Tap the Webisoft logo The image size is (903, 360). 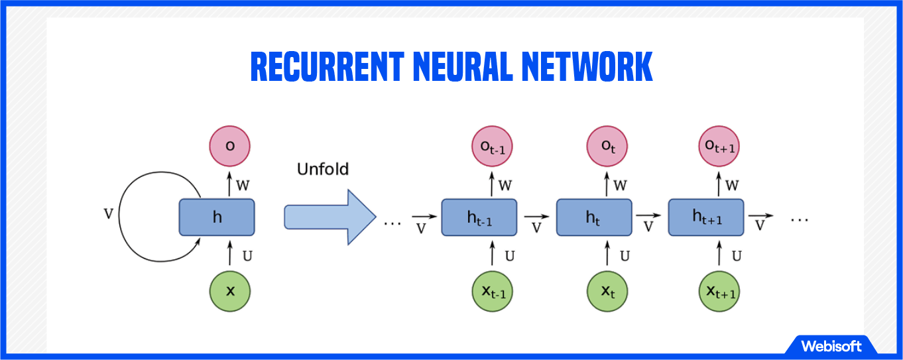click(831, 346)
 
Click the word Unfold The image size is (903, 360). click(322, 169)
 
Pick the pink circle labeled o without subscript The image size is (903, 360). click(230, 145)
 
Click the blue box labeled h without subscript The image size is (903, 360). click(217, 217)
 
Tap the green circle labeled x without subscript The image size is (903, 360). click(230, 290)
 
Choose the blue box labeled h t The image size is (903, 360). click(593, 217)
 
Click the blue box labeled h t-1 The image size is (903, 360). click(479, 217)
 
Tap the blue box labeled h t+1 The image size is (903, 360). click(706, 217)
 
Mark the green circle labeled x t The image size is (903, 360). click(606, 291)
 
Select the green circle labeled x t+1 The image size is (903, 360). click(719, 291)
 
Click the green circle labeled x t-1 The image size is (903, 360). click(492, 291)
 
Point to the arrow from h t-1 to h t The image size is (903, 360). click(536, 217)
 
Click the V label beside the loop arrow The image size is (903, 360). click(109, 213)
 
